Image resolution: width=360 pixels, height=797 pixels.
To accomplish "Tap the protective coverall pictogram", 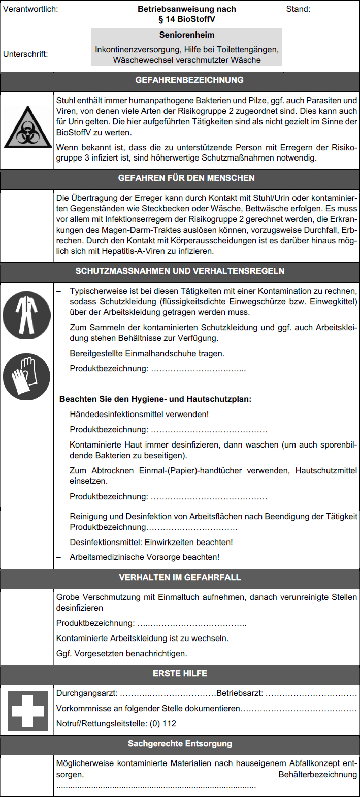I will [x=26, y=315].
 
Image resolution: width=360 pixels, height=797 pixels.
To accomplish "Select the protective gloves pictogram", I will [x=26, y=376].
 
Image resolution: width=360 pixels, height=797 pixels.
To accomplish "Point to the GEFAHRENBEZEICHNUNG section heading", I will [x=180, y=80].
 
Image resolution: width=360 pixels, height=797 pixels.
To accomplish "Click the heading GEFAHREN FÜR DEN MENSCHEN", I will [x=180, y=178].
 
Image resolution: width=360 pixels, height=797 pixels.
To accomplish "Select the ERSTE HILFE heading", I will [x=180, y=673].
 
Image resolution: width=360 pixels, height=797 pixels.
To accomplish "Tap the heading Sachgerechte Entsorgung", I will [x=180, y=744].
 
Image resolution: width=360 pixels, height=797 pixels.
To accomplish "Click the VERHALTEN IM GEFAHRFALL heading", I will [x=180, y=578].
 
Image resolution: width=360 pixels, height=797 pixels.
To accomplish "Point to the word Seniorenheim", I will [x=187, y=35].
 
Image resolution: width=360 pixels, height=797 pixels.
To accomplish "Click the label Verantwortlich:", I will [x=30, y=9].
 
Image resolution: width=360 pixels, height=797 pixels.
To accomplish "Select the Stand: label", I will [x=298, y=9].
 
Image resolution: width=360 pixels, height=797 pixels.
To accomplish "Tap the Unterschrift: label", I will [x=26, y=54].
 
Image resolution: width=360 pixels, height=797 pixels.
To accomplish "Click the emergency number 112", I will [x=169, y=723].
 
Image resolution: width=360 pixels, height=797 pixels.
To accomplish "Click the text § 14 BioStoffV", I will [x=187, y=19].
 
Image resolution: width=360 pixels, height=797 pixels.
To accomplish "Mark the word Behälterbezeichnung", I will [x=318, y=775].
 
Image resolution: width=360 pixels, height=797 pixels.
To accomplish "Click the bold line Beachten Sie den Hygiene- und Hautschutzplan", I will [x=155, y=399].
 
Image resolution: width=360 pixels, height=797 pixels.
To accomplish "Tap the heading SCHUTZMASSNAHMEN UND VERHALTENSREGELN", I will [x=180, y=271].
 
